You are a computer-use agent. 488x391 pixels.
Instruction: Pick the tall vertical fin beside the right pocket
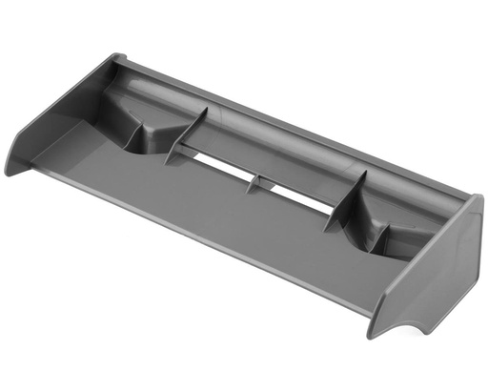(348, 200)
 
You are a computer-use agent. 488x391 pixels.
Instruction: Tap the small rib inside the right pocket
(381, 229)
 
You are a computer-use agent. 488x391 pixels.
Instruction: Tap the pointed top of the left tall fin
(206, 110)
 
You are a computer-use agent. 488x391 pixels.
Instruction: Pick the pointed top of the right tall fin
(365, 174)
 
